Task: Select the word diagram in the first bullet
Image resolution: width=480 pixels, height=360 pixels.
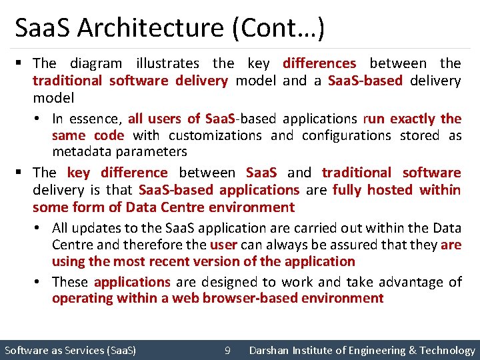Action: click(96, 63)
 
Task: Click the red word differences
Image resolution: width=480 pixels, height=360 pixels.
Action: click(319, 63)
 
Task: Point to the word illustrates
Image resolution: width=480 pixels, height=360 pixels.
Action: click(167, 63)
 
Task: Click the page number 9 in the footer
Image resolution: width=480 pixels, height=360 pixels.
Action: click(228, 350)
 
